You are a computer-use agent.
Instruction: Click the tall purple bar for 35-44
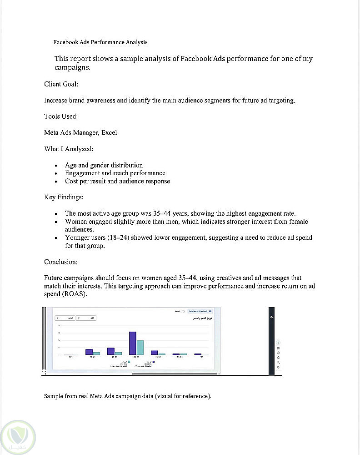click(133, 343)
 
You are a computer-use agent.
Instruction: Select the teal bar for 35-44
click(140, 347)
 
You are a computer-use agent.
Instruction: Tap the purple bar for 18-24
click(89, 352)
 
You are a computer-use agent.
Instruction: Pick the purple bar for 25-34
click(111, 351)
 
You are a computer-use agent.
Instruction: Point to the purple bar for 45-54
click(155, 353)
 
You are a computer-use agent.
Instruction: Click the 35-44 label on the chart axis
click(136, 357)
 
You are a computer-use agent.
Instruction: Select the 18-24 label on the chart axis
click(93, 357)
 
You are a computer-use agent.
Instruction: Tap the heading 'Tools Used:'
click(61, 116)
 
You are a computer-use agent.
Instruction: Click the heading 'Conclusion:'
click(61, 262)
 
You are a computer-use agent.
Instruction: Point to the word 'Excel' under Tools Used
click(109, 133)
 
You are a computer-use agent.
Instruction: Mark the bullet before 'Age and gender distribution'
click(55, 166)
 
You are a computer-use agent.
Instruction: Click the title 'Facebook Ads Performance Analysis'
click(100, 42)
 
